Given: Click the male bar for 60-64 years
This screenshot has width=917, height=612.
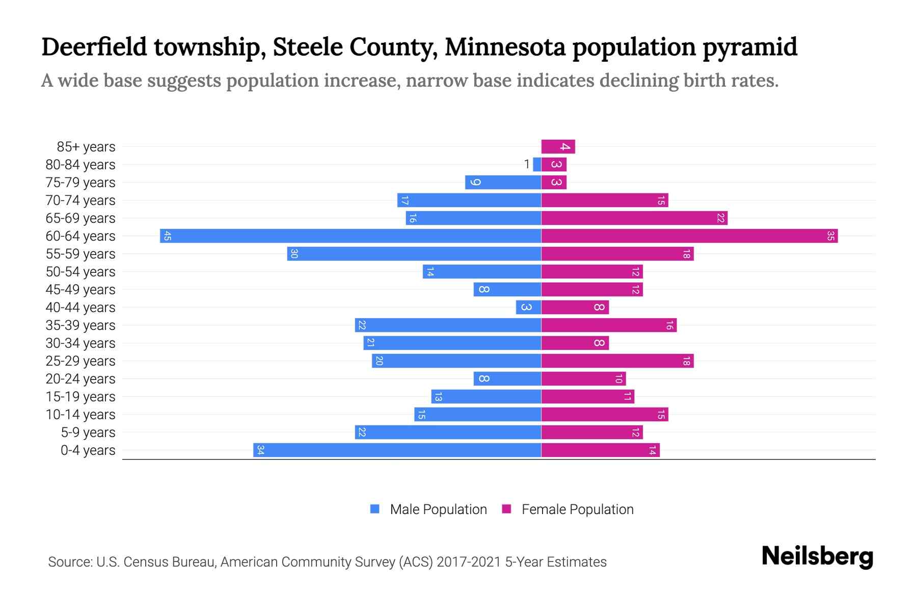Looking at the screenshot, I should (x=350, y=236).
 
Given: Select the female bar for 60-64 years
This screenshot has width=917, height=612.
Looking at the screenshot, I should (x=689, y=236).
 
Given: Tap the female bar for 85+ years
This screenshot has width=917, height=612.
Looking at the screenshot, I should (x=558, y=147).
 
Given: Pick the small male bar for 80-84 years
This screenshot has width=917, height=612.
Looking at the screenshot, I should (x=537, y=164).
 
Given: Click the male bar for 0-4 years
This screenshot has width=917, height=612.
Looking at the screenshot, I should (x=397, y=450).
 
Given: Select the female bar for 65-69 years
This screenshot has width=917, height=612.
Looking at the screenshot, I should (x=634, y=218).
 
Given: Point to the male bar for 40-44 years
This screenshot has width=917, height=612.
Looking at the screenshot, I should (x=528, y=307).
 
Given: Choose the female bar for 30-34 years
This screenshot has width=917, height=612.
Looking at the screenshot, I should (x=575, y=343).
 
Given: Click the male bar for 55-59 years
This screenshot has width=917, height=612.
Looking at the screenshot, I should (x=414, y=253).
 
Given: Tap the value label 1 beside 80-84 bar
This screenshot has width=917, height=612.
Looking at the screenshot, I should (x=527, y=164).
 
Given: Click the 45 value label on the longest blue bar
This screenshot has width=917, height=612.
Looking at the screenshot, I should (x=167, y=236).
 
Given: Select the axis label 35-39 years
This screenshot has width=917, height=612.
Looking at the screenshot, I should (x=80, y=325).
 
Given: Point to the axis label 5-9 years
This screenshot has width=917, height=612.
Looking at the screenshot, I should (x=88, y=432).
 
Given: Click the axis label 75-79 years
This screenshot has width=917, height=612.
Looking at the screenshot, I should (x=80, y=182).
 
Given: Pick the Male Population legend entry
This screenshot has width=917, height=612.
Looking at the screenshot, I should (x=438, y=509).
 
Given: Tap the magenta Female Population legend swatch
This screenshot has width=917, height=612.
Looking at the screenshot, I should (x=506, y=509).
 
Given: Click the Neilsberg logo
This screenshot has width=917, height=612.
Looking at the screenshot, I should (x=817, y=556).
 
